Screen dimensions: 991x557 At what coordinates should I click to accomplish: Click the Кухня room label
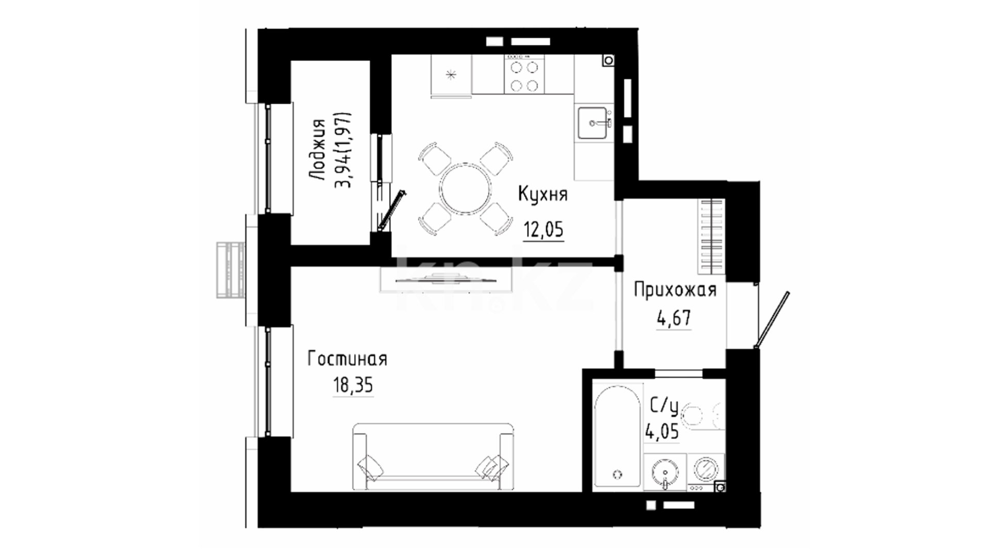click(x=542, y=195)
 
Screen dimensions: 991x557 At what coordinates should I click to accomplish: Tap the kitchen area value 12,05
click(x=544, y=229)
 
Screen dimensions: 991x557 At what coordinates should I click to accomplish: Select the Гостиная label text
click(x=347, y=359)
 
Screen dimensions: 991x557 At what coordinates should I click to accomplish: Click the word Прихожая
click(x=675, y=290)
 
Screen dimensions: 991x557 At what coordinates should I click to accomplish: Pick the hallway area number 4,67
click(x=674, y=318)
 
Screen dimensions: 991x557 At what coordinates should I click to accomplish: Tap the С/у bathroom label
click(x=663, y=408)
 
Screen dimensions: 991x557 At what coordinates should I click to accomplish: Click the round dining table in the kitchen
click(x=465, y=188)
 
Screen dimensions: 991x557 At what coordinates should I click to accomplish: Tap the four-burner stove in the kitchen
click(x=524, y=75)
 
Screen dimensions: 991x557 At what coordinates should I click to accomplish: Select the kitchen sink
click(x=594, y=123)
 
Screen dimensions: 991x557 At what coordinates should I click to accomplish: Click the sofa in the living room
click(x=433, y=457)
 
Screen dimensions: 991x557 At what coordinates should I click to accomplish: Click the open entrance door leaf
click(x=772, y=321)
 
